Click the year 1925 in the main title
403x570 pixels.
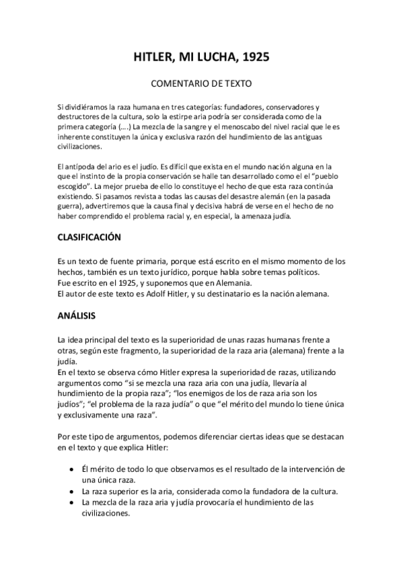pyautogui.click(x=255, y=58)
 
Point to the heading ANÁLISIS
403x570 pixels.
pyautogui.click(x=76, y=315)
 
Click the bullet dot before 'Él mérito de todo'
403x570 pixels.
pyautogui.click(x=71, y=469)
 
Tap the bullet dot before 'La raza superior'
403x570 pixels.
pyautogui.click(x=71, y=491)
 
